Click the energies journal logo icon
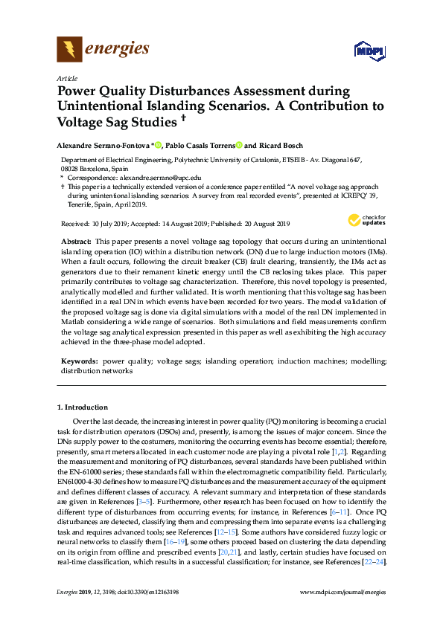click(69, 50)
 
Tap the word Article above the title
click(67, 77)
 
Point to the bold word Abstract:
click(75, 242)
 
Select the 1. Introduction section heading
click(83, 407)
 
